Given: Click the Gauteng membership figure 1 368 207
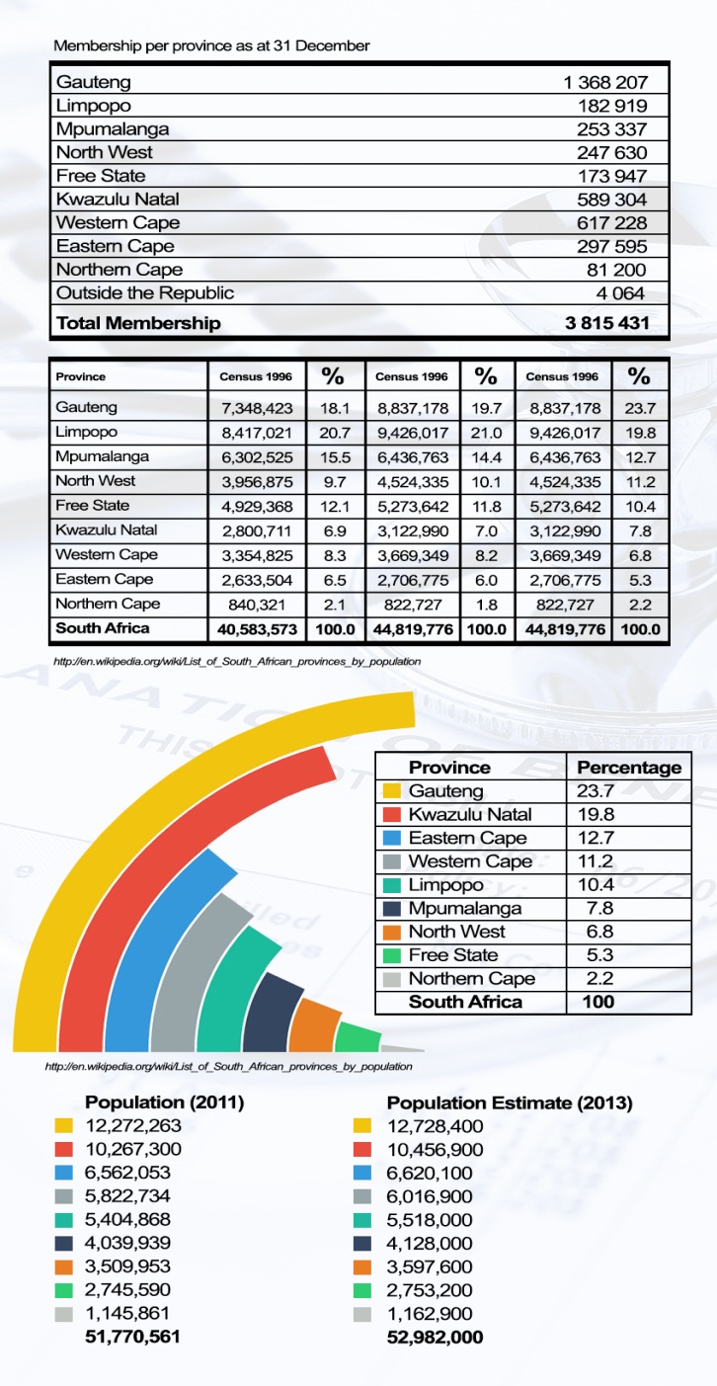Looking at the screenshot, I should click(604, 82).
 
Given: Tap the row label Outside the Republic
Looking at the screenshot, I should click(145, 292).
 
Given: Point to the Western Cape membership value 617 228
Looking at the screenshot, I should click(612, 222).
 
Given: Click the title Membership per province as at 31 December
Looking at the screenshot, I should click(211, 45).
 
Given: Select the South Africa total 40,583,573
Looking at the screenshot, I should click(252, 629).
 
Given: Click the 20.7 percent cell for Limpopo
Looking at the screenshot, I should click(334, 432).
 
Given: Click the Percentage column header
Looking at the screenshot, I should click(629, 768).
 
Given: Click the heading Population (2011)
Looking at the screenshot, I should click(165, 1102).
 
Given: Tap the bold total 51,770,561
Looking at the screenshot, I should click(133, 1338).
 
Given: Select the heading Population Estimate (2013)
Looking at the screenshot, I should click(510, 1102).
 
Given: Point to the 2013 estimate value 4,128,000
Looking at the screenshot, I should click(430, 1243).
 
